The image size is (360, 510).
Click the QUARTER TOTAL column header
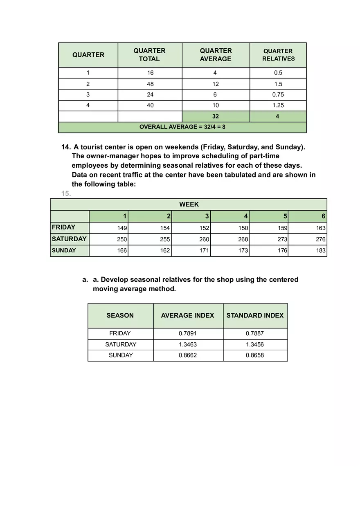[x=149, y=55]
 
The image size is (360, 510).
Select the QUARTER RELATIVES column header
[x=278, y=55]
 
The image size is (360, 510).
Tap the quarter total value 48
[x=150, y=84]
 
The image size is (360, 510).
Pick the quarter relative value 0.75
[x=278, y=94]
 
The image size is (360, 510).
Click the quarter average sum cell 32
[x=216, y=116]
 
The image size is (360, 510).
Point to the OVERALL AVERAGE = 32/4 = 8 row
[x=182, y=127]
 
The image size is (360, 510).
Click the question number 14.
[x=66, y=147]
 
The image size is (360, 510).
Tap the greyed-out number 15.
[x=66, y=194]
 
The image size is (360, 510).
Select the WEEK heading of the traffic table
[x=189, y=204]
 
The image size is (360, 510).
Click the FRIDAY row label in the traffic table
[x=64, y=227]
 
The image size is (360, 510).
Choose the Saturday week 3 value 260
[x=204, y=239]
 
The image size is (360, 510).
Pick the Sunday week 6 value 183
[x=320, y=250]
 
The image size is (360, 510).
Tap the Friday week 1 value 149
[x=122, y=228]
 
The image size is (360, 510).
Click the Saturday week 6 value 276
[x=320, y=239]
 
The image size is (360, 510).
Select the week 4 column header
[x=246, y=216]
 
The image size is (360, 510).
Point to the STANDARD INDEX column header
[x=255, y=315]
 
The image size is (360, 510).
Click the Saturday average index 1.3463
[x=188, y=344]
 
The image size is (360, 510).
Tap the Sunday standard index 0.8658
[x=255, y=355]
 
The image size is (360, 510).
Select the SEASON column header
[x=120, y=315]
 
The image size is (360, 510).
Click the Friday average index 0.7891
[x=188, y=333]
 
